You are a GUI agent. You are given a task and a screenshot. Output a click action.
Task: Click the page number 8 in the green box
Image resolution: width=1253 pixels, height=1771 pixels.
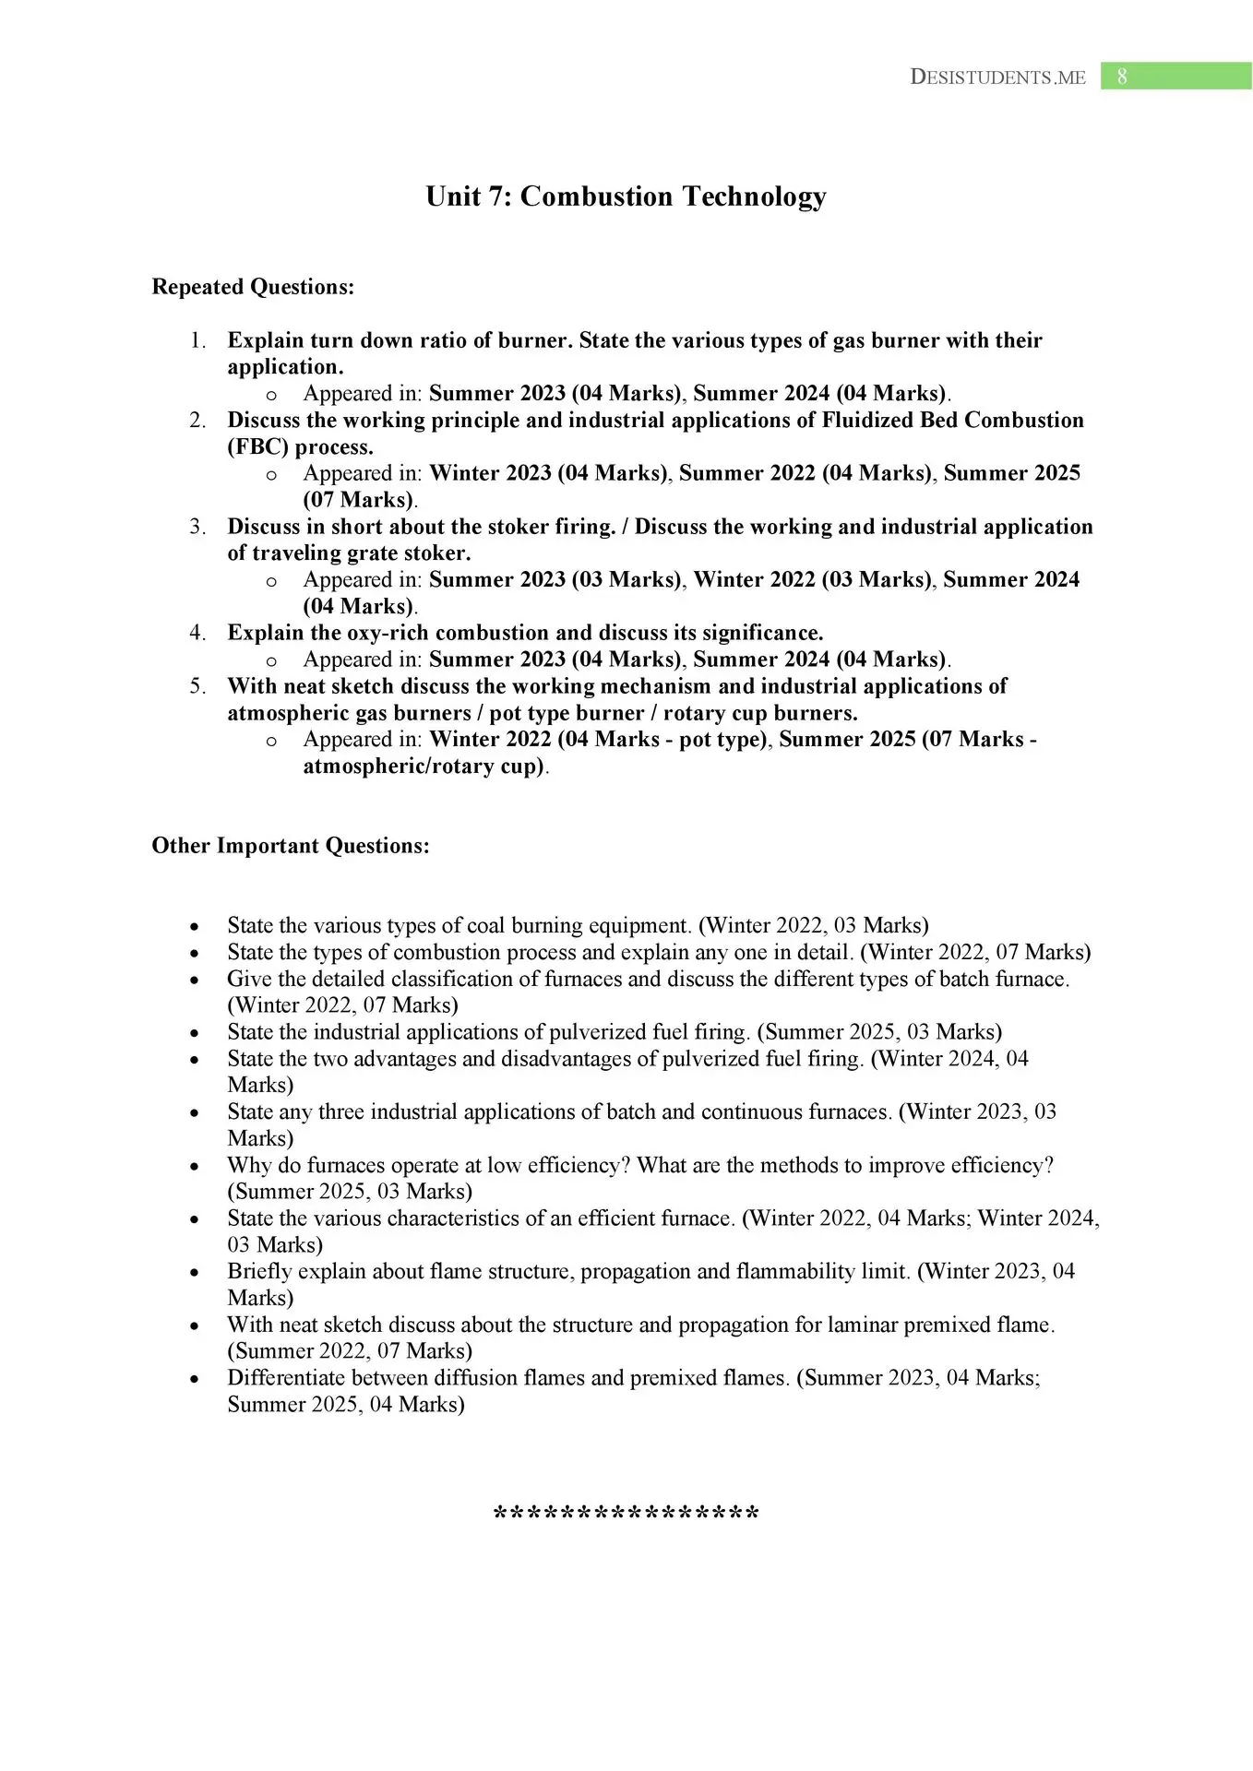click(1122, 77)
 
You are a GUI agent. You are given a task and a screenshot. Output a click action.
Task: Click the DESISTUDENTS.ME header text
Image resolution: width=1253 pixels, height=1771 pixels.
click(997, 77)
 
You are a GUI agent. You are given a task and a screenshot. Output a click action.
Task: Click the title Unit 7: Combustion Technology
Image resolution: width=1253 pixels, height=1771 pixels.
click(626, 196)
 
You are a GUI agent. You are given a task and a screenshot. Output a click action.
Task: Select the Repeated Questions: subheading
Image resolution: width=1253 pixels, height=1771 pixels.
click(253, 287)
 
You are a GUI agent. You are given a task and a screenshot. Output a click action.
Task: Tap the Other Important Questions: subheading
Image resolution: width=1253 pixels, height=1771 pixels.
click(291, 846)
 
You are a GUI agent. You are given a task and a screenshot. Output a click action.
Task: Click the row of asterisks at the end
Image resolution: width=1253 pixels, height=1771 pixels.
click(626, 1515)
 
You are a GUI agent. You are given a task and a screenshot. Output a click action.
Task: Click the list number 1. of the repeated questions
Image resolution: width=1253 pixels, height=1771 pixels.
click(197, 340)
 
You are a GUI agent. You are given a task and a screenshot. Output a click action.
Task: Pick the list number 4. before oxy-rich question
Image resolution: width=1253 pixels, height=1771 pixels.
click(197, 633)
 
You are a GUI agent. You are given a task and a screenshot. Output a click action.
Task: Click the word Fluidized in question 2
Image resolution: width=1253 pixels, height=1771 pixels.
click(868, 421)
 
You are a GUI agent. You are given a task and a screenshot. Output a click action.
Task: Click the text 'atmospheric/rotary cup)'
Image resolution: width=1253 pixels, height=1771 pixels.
click(424, 767)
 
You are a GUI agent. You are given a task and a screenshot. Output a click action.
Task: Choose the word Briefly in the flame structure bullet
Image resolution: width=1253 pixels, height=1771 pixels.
click(261, 1272)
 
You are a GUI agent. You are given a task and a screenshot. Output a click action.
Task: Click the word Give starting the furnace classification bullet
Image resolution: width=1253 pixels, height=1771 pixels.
click(248, 979)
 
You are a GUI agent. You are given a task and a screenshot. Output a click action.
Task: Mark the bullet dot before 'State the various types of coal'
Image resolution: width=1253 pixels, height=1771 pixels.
click(194, 926)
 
